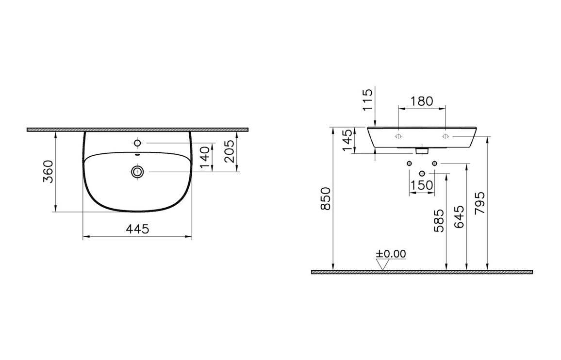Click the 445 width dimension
point(137,229)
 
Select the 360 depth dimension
point(49,171)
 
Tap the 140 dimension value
point(204,157)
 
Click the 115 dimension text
point(367,100)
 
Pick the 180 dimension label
point(421,101)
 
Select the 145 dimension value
point(348,140)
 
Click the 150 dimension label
point(422,185)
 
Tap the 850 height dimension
point(326,198)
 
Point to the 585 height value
point(439,220)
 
